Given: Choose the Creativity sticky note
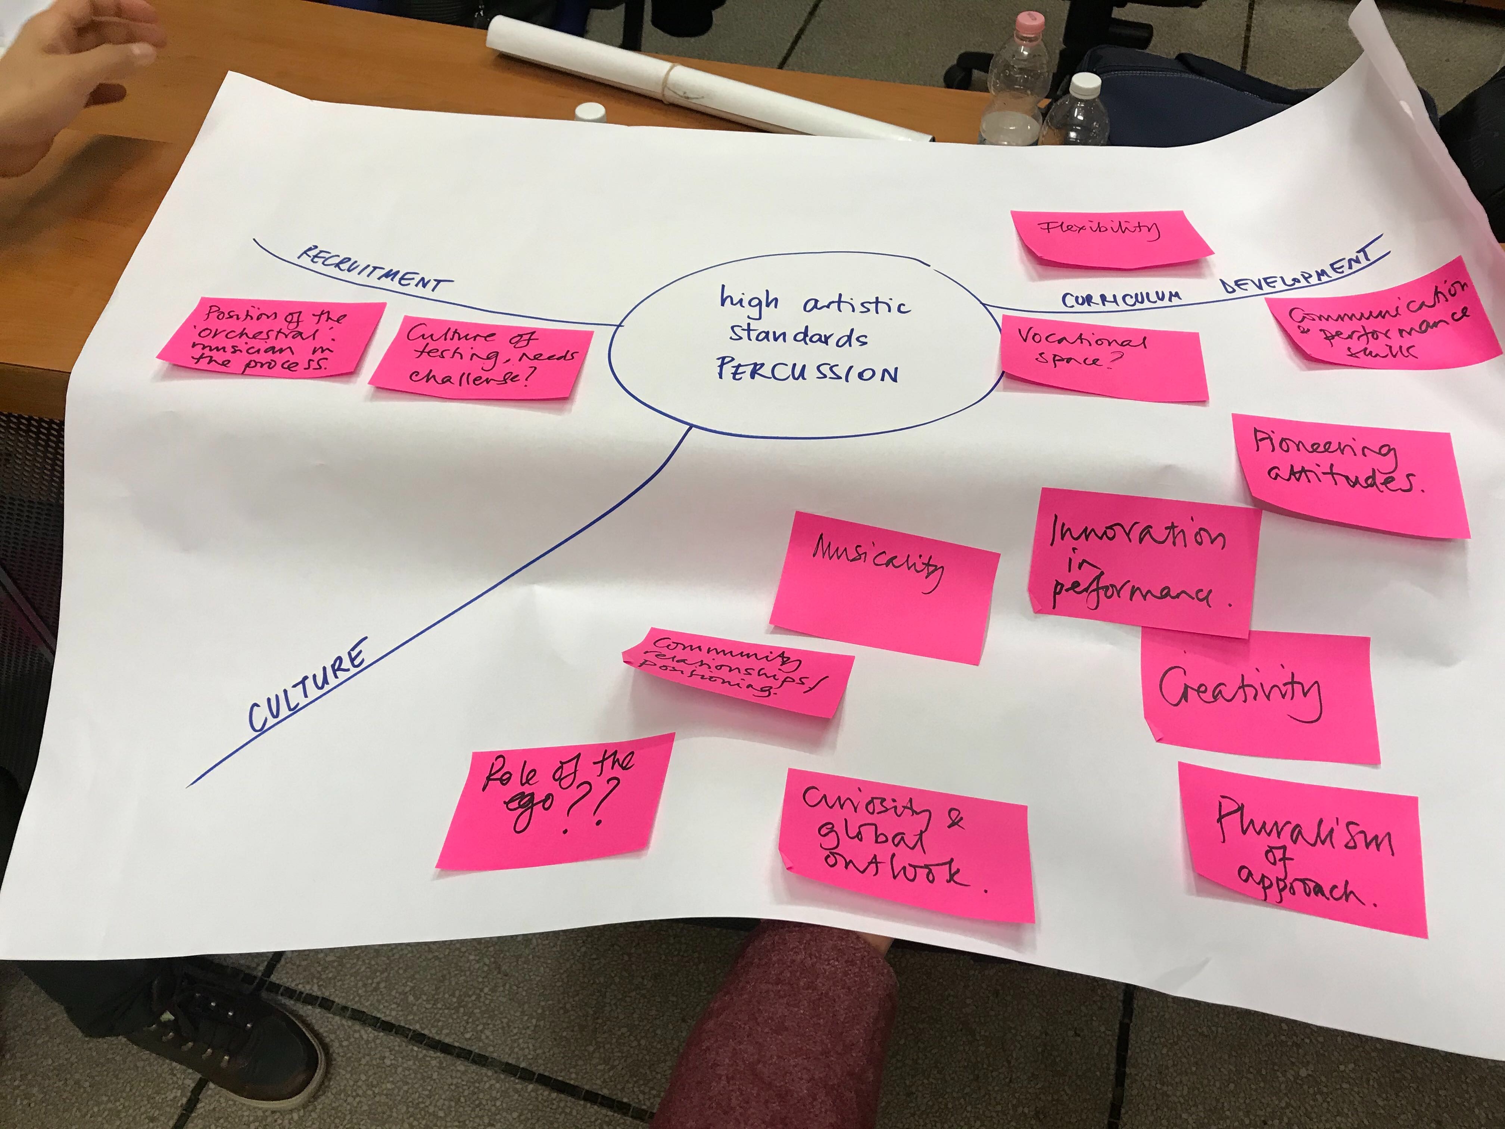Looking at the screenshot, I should point(1259,694).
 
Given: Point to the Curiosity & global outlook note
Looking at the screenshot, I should point(905,844).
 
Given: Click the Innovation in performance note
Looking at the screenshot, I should point(1143,562).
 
